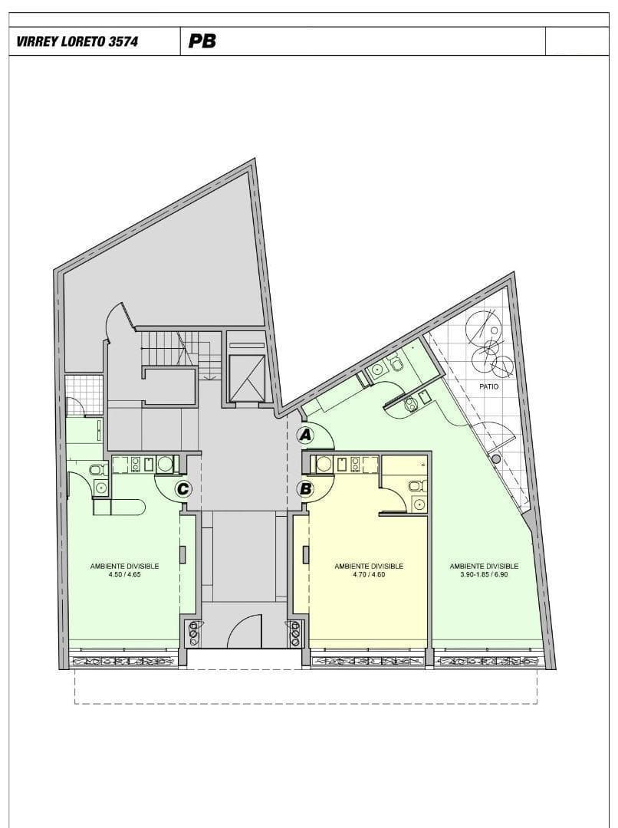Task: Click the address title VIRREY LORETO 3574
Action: click(x=77, y=41)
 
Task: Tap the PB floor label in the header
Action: click(x=202, y=41)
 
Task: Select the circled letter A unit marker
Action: click(x=304, y=435)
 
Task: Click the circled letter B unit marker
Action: click(x=305, y=489)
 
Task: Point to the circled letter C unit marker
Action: click(x=182, y=489)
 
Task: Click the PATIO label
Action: click(x=488, y=386)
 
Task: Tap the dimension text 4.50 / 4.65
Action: click(x=124, y=574)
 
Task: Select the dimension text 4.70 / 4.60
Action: click(x=369, y=574)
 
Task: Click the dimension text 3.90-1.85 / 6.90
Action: click(x=484, y=574)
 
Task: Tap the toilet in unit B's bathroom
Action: click(x=416, y=485)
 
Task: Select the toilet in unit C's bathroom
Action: click(x=97, y=469)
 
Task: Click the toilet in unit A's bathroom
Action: click(x=396, y=363)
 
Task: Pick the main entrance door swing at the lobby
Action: click(x=245, y=630)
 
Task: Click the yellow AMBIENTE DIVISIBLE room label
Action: click(x=369, y=566)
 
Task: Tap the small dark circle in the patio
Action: click(x=495, y=459)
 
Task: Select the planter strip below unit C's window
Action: click(x=125, y=661)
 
